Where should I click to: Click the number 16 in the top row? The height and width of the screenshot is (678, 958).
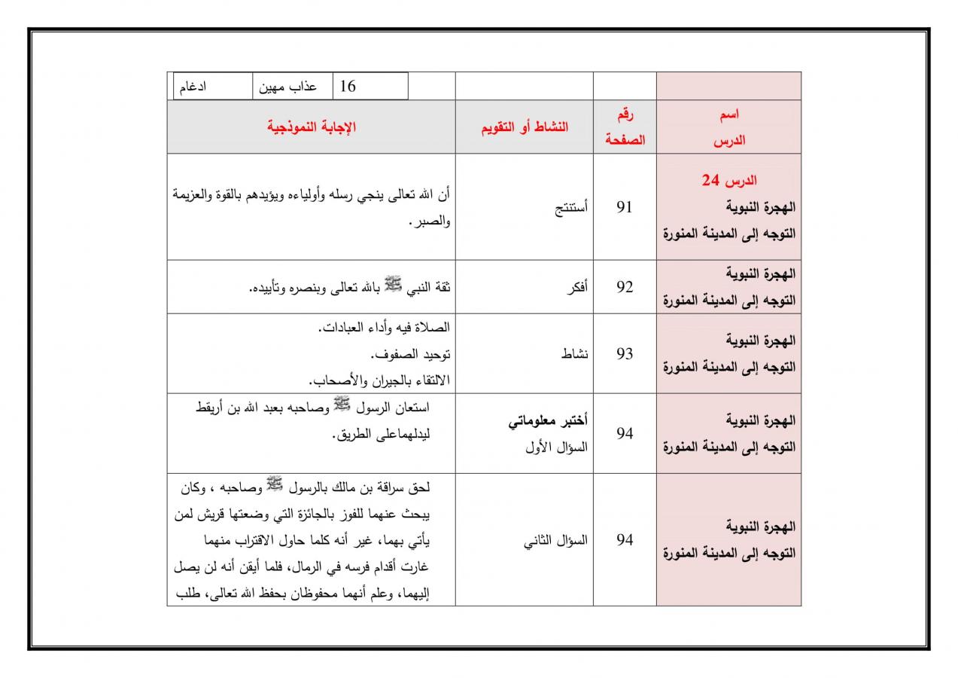tap(348, 87)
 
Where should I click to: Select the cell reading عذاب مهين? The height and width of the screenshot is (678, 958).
tap(288, 87)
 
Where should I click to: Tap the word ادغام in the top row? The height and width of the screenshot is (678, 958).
tap(193, 87)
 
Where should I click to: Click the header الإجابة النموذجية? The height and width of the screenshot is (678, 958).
tap(311, 127)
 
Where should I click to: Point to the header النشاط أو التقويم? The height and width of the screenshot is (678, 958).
tap(525, 127)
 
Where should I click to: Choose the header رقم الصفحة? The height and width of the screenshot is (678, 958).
tap(625, 127)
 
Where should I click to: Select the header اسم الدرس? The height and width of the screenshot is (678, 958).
tap(728, 127)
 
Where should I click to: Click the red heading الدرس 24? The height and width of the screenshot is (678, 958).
tap(728, 182)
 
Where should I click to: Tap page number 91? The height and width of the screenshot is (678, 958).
tap(625, 207)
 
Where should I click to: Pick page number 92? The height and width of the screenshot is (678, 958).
tap(625, 287)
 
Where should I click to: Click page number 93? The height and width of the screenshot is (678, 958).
tap(625, 353)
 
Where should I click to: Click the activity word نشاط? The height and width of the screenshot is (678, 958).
tap(575, 353)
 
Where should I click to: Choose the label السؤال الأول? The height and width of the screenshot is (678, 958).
tap(557, 446)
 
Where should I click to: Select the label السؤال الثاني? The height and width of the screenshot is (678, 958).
tap(556, 540)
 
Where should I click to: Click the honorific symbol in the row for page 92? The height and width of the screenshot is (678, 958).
tap(394, 284)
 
